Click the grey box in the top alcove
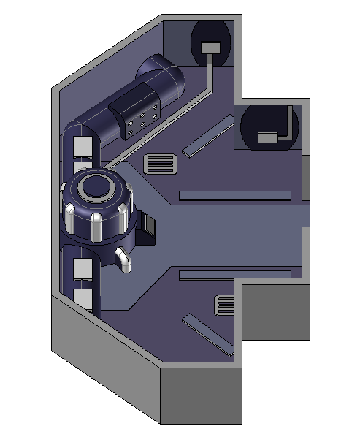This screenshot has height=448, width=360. coord(210,48)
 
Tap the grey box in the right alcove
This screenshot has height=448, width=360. coord(268,137)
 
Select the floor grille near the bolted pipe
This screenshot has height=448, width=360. coord(162,164)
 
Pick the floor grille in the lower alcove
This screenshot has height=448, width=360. coord(224,303)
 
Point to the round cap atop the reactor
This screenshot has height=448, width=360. coord(96,187)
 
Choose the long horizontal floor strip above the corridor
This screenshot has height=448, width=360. coord(234,195)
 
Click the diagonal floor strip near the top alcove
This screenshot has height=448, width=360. coord(208,139)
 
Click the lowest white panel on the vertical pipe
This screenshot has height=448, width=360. coord(83,300)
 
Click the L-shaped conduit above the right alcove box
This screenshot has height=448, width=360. coord(293,123)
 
